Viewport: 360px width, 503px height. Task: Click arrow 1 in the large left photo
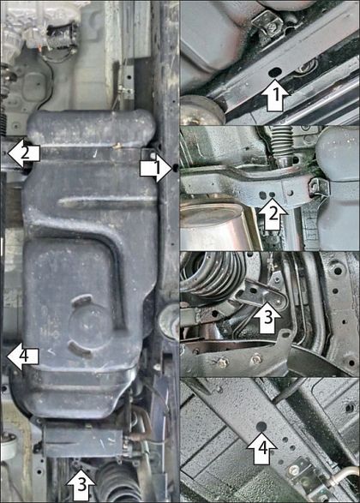point(157,168)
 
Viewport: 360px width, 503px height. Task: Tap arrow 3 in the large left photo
point(81,484)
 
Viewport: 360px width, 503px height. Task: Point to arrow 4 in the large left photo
point(23,356)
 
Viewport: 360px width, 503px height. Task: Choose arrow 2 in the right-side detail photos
point(273,213)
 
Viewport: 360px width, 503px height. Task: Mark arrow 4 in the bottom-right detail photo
point(261,448)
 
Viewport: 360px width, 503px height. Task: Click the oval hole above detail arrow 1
point(275,73)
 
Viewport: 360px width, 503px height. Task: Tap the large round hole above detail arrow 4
point(261,427)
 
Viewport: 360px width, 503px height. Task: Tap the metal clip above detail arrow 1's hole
point(268,23)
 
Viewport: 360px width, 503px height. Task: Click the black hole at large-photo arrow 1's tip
point(176,167)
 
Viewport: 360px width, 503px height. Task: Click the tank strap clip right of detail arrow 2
point(319,189)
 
